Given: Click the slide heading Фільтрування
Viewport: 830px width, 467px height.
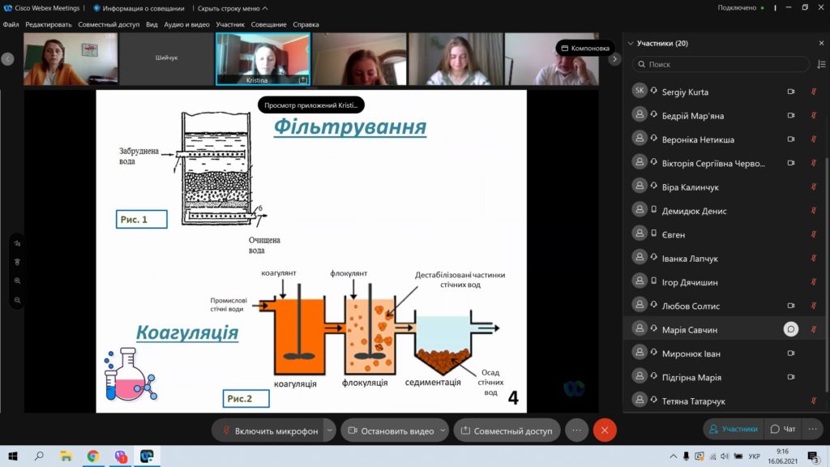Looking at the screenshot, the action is pos(350,127).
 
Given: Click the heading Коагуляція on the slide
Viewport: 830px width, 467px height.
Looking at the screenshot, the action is pos(187,332).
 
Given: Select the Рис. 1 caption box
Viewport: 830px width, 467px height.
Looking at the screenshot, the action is pos(141,219).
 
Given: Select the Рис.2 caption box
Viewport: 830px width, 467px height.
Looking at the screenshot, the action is pos(246,399).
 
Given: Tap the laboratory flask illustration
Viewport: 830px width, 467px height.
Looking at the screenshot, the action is pos(130,374).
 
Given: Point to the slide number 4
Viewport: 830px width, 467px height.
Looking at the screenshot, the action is pos(513,397).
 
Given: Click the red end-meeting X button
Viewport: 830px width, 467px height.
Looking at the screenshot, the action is pos(605,431).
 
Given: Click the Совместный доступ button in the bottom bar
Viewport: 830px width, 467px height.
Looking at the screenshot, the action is pos(507,431).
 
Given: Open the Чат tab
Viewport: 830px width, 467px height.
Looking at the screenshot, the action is pos(783,429).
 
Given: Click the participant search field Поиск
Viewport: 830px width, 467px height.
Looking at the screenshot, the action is pos(721,64).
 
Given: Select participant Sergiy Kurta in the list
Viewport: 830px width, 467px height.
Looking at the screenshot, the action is pos(685,92).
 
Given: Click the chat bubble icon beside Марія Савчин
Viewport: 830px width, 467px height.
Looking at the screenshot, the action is pos(790,329).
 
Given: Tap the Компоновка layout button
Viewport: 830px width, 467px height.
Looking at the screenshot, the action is pos(585,48).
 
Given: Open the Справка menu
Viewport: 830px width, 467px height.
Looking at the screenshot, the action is pos(306,24).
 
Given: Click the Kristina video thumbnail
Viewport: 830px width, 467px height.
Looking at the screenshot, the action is pos(263,58).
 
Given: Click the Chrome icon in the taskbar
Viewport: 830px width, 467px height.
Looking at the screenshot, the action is pos(93,456).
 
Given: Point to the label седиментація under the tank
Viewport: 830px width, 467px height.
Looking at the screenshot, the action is pos(433,383).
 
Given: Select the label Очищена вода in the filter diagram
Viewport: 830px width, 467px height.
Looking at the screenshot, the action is pos(264,245).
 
